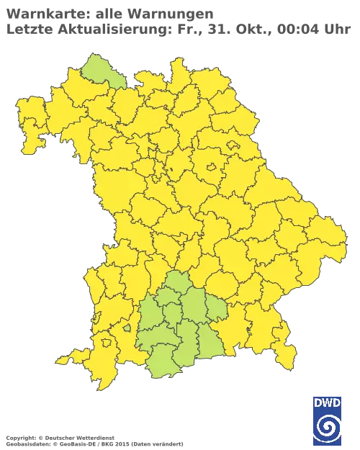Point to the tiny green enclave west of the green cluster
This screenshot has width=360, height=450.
pos(127,328)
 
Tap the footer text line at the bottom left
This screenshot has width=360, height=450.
pos(94,438)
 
